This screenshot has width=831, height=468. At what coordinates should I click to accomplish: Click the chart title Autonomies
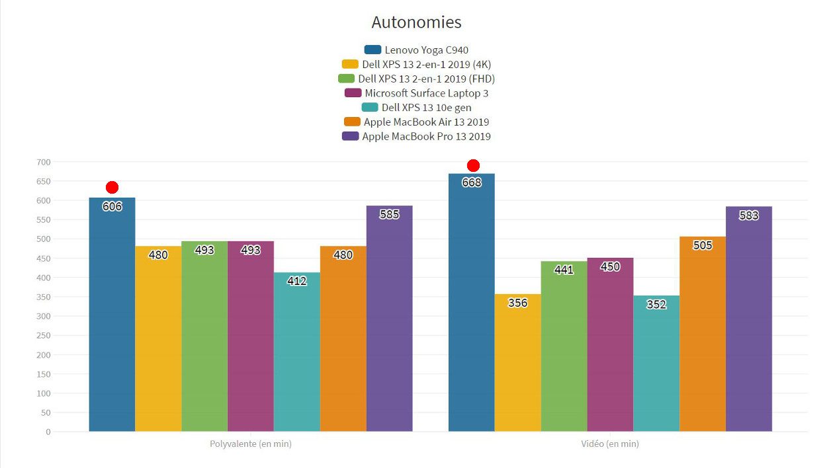click(x=416, y=22)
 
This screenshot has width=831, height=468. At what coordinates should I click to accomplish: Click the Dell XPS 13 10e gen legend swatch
click(x=370, y=108)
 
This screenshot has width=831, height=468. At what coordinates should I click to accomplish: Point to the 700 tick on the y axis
click(x=44, y=162)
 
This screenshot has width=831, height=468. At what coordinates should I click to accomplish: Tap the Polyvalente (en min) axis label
click(x=250, y=444)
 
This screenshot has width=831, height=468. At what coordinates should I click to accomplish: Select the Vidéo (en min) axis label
click(x=609, y=444)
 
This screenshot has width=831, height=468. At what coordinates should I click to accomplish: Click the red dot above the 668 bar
click(x=472, y=165)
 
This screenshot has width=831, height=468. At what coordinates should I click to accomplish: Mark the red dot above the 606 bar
click(x=112, y=188)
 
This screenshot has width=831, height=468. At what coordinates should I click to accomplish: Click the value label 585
click(x=389, y=214)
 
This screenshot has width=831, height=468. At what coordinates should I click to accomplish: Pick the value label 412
click(x=296, y=281)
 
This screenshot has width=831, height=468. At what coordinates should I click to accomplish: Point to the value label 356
click(x=517, y=303)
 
